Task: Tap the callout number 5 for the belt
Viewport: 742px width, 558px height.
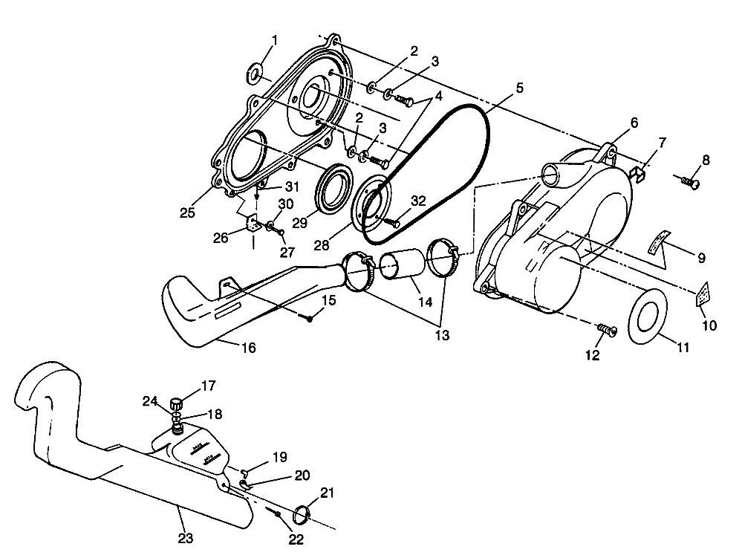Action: [519, 88]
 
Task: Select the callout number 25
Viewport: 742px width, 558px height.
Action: [187, 213]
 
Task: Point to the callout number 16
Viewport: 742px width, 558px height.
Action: [249, 347]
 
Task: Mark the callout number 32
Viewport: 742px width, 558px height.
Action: [419, 201]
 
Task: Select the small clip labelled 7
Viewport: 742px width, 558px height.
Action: [637, 173]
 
